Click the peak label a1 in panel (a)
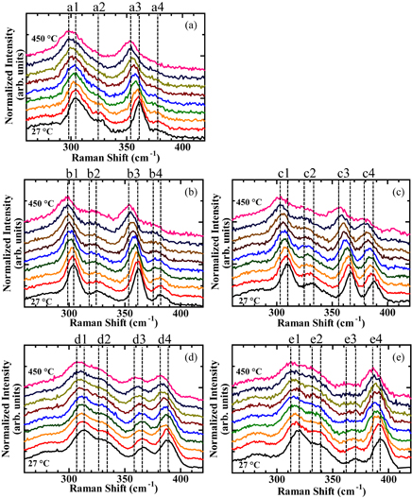[x=73, y=8]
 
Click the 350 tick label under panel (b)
[x=126, y=314]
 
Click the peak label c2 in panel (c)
[x=310, y=174]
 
